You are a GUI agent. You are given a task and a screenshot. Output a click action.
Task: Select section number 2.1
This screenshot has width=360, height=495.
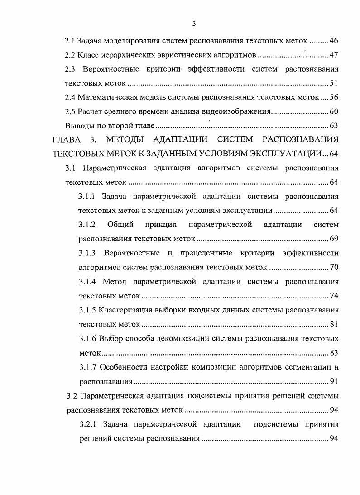click(x=70, y=41)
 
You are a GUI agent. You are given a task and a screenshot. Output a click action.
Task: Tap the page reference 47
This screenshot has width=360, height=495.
click(x=334, y=55)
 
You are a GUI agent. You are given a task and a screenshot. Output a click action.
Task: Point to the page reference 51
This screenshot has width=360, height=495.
click(x=334, y=83)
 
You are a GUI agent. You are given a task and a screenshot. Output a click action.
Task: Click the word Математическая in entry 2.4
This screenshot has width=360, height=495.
click(x=106, y=97)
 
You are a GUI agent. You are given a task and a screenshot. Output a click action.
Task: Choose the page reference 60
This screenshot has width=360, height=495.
click(x=334, y=111)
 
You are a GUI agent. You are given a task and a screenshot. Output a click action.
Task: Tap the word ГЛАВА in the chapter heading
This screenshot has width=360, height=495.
click(x=66, y=140)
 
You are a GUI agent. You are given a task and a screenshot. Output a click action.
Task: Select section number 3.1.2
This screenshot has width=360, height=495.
click(x=87, y=225)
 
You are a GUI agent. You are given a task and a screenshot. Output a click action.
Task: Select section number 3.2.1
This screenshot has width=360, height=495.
click(x=88, y=424)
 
